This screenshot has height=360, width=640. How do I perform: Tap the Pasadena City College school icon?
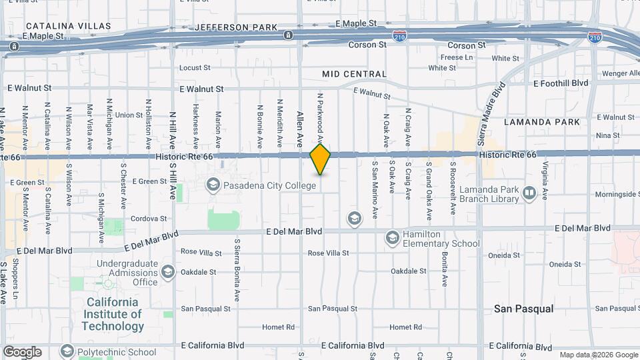[213, 184]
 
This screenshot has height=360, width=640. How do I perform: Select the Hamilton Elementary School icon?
[392, 237]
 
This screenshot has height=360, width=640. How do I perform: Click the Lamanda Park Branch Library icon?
[529, 193]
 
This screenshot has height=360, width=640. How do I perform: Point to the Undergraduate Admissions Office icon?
[167, 271]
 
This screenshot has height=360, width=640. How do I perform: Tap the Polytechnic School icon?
[67, 351]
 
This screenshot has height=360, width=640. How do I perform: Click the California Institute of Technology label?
[113, 314]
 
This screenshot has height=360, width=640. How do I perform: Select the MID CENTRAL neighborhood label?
[354, 74]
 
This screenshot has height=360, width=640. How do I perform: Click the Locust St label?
[195, 68]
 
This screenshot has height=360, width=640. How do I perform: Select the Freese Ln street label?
[457, 57]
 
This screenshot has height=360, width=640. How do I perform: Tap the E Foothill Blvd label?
[561, 83]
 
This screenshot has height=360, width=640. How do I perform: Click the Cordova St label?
[148, 219]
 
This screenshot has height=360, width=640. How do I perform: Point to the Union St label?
[129, 115]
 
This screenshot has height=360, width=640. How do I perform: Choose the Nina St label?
[608, 135]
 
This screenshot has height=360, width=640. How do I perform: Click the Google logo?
[22, 352]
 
